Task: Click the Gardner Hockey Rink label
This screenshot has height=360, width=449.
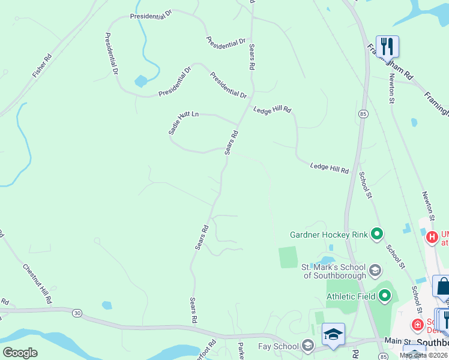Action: pyautogui.click(x=328, y=234)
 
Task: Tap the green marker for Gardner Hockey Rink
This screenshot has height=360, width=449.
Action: pyautogui.click(x=377, y=234)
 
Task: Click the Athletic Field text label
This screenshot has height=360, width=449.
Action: pyautogui.click(x=351, y=296)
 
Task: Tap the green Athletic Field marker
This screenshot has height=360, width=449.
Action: pyautogui.click(x=385, y=296)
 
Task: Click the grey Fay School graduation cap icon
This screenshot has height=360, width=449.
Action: pyautogui.click(x=308, y=346)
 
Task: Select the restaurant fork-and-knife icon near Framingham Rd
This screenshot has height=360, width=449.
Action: pyautogui.click(x=387, y=46)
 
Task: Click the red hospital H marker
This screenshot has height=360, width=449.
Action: pyautogui.click(x=431, y=238)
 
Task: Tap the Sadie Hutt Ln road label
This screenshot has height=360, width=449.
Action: pyautogui.click(x=183, y=123)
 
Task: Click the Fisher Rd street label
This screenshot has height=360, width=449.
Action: pyautogui.click(x=42, y=66)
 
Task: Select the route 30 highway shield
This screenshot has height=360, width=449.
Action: pyautogui.click(x=76, y=313)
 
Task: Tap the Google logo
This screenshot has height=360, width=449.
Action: pyautogui.click(x=20, y=353)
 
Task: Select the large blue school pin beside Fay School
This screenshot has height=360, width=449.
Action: pyautogui.click(x=333, y=334)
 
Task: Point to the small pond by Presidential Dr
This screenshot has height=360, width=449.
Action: pyautogui.click(x=141, y=81)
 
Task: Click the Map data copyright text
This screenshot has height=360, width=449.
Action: pyautogui.click(x=424, y=355)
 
